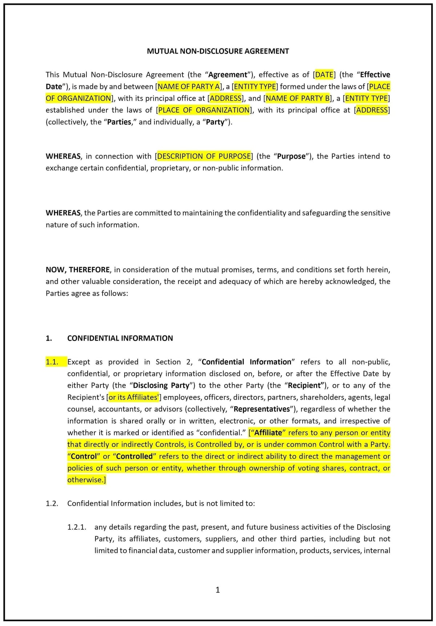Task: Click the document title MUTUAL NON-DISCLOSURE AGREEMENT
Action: pyautogui.click(x=218, y=51)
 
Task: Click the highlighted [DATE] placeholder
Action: pyautogui.click(x=324, y=75)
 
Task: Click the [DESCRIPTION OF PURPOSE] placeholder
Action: pyautogui.click(x=203, y=156)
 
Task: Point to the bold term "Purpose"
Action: pyautogui.click(x=291, y=156)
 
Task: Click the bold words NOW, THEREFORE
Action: pyautogui.click(x=78, y=270)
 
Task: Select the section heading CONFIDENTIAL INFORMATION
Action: pyautogui.click(x=120, y=338)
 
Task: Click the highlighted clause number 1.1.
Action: pyautogui.click(x=52, y=362)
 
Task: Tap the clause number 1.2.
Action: pyautogui.click(x=52, y=504)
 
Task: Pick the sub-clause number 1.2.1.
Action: pyautogui.click(x=77, y=527)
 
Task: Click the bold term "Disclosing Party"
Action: pyautogui.click(x=161, y=385)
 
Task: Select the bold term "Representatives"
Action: pyautogui.click(x=262, y=409)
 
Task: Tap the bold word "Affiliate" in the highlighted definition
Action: pyautogui.click(x=268, y=433)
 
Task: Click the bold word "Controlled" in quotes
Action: pyautogui.click(x=134, y=456)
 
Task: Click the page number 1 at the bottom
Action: pyautogui.click(x=218, y=590)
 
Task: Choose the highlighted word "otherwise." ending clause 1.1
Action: pyautogui.click(x=86, y=480)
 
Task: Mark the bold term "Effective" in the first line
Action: pyautogui.click(x=375, y=75)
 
